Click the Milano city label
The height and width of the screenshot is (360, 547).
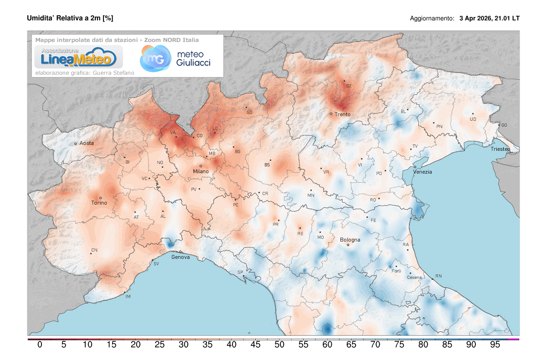[x=201, y=171]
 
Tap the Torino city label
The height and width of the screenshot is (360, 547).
[x=99, y=203]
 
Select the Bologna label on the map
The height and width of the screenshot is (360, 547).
[x=350, y=240]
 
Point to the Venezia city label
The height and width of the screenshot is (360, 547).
[x=423, y=172]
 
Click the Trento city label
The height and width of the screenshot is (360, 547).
[x=342, y=114]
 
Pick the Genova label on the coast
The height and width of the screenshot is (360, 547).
[x=181, y=257]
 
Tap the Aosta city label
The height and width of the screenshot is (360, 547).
[x=87, y=143]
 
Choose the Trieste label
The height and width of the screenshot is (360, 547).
[x=501, y=149]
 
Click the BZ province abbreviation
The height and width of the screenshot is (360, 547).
[x=349, y=86]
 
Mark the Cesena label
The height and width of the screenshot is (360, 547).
[x=414, y=278]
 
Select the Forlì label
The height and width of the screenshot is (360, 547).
[x=396, y=271]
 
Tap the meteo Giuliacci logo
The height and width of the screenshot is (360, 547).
[x=175, y=58]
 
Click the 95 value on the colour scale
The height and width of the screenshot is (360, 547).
[x=495, y=345]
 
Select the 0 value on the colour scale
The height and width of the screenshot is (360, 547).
[x=40, y=345]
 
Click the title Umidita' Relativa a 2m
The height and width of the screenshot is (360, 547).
[x=70, y=18]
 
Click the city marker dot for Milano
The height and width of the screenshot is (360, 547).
[x=201, y=166]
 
